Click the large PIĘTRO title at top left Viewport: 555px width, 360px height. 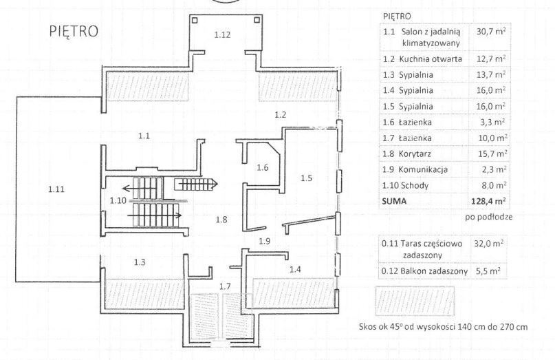coord(74,31)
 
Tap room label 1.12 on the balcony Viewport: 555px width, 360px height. coord(222,34)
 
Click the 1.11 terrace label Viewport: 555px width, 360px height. coord(56,189)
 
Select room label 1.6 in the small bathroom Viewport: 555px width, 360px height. coord(263,167)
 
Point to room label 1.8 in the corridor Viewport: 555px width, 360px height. coord(221,220)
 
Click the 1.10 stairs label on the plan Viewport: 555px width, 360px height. coord(118,200)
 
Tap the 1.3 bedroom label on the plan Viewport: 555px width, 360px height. coord(140,262)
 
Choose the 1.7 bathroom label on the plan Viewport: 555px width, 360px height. coord(225,286)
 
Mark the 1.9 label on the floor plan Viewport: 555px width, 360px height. coord(265,242)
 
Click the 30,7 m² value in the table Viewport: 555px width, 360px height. coord(491,31)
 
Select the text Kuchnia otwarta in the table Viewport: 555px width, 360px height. coord(431,59)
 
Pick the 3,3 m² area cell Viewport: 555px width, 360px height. coord(493,123)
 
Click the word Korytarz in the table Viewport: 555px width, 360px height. coord(415,154)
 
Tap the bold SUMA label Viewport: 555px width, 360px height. coord(394,201)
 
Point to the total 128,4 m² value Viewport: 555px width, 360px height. coord(488,201)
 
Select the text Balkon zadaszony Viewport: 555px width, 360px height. coord(434,271)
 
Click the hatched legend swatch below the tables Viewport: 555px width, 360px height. coord(415,301)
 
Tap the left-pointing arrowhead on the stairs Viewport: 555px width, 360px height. coord(126,187)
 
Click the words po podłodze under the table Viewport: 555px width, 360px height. coord(489,217)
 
